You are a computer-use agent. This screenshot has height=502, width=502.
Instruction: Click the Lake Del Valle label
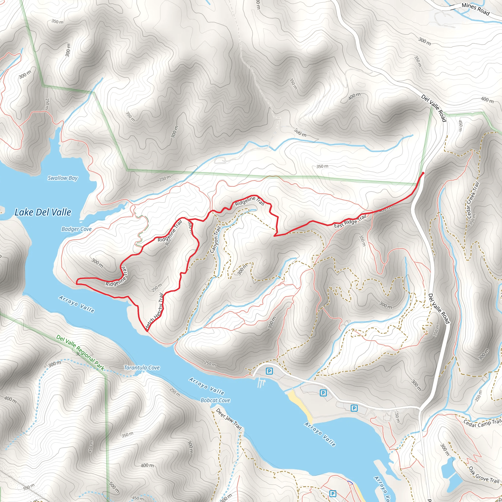click(43, 212)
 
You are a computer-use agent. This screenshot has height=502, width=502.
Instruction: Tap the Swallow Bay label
click(63, 178)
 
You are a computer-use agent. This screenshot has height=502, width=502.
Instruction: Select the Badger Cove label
click(76, 229)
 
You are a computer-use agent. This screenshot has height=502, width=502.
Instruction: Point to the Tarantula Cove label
click(142, 367)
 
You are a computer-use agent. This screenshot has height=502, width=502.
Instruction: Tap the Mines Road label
click(475, 9)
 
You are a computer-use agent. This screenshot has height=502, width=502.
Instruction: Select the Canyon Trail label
click(215, 239)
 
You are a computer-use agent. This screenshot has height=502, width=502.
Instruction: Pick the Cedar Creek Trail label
click(473, 200)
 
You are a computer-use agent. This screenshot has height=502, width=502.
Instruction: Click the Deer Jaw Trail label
click(229, 419)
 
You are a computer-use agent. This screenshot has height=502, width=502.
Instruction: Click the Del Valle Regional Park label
click(80, 352)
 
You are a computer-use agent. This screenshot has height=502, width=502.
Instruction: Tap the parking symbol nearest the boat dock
click(269, 371)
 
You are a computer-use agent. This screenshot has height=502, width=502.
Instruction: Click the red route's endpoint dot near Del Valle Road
click(423, 173)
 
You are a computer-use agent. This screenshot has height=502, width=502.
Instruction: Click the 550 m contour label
click(29, 487)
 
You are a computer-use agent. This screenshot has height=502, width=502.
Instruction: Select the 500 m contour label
click(114, 488)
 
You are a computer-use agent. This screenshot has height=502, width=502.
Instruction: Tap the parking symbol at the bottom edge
click(332, 493)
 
